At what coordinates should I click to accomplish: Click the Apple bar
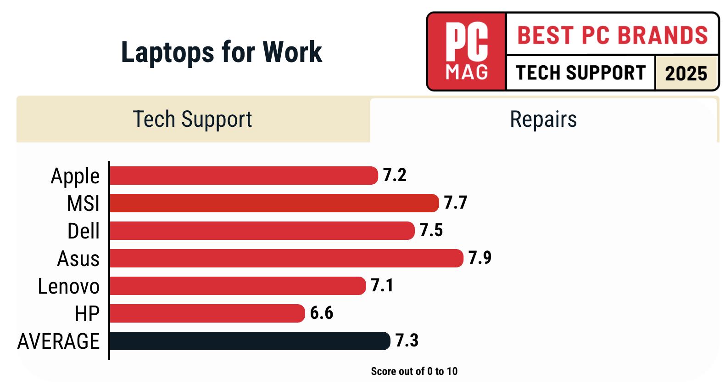pos(243,176)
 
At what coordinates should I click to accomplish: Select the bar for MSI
pos(274,203)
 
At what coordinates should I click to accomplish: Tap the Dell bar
pos(262,231)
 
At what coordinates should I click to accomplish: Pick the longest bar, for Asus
pos(286,258)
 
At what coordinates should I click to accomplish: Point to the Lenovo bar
pos(237,286)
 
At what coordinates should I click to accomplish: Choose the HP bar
pos(207,313)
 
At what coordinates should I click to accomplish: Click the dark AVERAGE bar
pos(250,341)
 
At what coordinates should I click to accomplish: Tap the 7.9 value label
pos(480,258)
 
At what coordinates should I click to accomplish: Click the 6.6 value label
pos(321,313)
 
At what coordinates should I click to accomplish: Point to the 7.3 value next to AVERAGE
pos(407,341)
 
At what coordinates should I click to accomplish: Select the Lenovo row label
pos(69,286)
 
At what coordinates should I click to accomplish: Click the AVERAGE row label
pos(58,341)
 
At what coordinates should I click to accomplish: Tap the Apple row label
pos(75,176)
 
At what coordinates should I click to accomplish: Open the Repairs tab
pos(543,119)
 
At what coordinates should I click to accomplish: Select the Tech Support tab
pos(193,119)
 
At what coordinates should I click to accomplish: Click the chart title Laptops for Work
pos(221,52)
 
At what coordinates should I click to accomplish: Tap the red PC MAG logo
pos(467,51)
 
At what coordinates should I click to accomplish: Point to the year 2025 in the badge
pos(686,73)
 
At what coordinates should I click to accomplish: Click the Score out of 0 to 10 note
pos(414,371)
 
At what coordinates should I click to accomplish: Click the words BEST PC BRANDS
pos(613,35)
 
